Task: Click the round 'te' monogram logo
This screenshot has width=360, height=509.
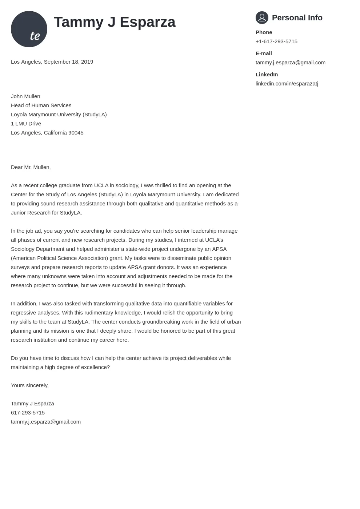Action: click(x=29, y=29)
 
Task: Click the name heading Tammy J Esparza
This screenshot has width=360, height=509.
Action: click(x=115, y=22)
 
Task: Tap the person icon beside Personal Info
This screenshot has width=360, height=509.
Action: click(x=262, y=17)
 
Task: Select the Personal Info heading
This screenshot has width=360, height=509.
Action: click(x=297, y=18)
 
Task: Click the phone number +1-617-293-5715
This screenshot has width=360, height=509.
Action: click(x=276, y=41)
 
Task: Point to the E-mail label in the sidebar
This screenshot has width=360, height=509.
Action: click(x=264, y=53)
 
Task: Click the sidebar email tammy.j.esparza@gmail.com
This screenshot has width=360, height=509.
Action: click(x=290, y=63)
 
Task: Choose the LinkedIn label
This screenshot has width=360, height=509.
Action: click(x=267, y=75)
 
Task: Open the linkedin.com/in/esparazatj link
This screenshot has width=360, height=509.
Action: click(x=287, y=84)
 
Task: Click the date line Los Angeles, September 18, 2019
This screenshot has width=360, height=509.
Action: click(x=52, y=62)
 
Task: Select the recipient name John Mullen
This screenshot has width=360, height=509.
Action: click(x=25, y=96)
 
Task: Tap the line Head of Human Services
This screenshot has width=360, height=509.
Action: click(x=41, y=105)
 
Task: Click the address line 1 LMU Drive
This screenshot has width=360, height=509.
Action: click(x=26, y=124)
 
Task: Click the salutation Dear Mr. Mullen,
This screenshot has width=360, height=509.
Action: click(x=31, y=167)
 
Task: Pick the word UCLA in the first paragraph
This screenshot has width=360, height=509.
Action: click(x=101, y=185)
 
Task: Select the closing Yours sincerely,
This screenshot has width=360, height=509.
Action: click(x=30, y=385)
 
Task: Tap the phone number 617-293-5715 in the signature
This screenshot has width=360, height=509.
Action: click(x=28, y=413)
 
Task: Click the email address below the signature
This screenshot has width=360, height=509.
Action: click(x=46, y=422)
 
